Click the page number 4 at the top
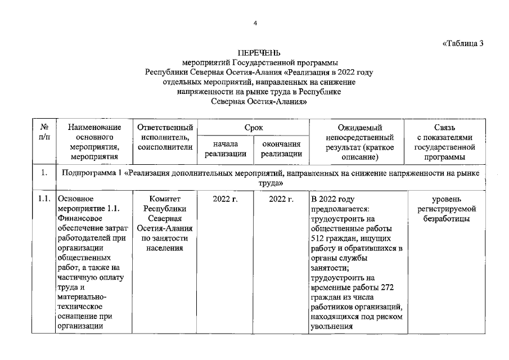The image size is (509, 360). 255,23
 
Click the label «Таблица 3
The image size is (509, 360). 463,43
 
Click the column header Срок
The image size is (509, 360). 254,128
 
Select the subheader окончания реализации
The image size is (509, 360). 281,149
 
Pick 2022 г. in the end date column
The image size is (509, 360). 281,199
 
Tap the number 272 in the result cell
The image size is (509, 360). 388,287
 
